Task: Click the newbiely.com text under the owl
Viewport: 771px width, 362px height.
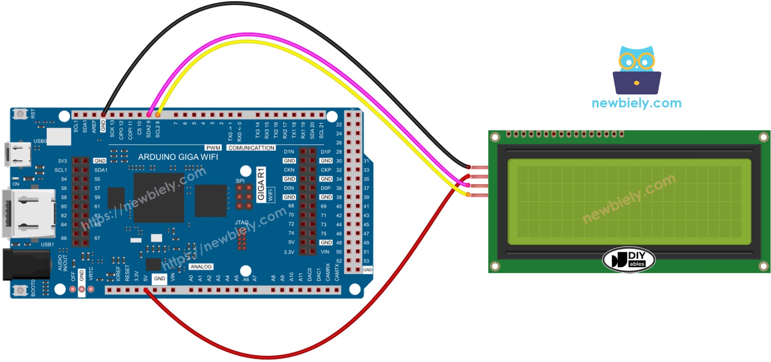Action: click(636, 103)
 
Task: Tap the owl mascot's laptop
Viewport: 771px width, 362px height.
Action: click(637, 83)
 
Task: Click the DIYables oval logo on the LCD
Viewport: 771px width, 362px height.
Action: click(629, 260)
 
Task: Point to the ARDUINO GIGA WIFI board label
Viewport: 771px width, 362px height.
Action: click(178, 157)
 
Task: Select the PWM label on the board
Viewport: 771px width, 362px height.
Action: click(213, 148)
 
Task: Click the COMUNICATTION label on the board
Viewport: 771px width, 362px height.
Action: click(251, 148)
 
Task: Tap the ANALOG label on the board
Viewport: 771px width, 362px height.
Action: click(201, 267)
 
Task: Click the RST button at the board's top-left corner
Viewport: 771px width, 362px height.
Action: click(20, 114)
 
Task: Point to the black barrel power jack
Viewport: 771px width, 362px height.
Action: click(26, 265)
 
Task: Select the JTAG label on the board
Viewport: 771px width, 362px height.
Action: click(242, 223)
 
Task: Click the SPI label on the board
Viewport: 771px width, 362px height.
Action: click(240, 181)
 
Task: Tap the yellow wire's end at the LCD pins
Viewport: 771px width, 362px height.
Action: click(468, 194)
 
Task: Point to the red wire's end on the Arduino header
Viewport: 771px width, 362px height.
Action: click(146, 290)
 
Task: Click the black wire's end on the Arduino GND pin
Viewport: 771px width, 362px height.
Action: click(103, 115)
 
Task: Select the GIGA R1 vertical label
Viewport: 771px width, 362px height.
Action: click(261, 185)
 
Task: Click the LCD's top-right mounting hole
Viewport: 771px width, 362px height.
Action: click(763, 137)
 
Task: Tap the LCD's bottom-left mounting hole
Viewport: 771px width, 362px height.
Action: click(495, 266)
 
